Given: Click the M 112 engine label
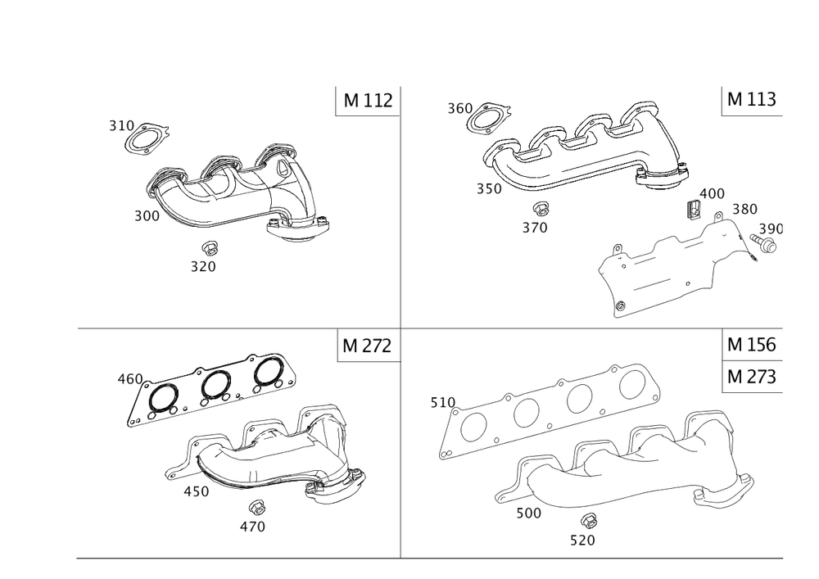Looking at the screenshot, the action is (x=368, y=100).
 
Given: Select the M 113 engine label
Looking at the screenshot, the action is (x=752, y=98).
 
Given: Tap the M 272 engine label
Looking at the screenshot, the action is (x=367, y=346).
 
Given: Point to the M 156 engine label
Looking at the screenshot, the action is (x=752, y=345).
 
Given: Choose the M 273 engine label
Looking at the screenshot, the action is (x=752, y=377).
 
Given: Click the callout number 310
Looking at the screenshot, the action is (x=122, y=126).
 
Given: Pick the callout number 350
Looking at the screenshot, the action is (x=489, y=188).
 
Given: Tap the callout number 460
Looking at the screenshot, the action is (x=130, y=378).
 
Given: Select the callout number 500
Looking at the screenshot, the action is (x=528, y=513).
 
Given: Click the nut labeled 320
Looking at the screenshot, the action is (x=209, y=248).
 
